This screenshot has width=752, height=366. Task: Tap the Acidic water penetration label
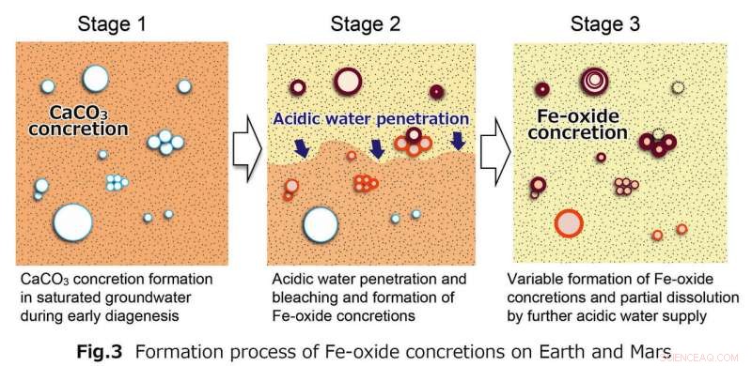point(370,119)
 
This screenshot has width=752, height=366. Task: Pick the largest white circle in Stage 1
point(72,222)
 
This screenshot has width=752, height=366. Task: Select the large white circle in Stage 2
point(321,224)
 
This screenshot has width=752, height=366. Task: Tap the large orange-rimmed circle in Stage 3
point(569,223)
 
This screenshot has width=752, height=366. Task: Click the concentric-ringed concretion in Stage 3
point(595,82)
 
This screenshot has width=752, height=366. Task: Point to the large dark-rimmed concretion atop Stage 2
point(347,82)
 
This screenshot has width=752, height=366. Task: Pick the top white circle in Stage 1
point(95,77)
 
